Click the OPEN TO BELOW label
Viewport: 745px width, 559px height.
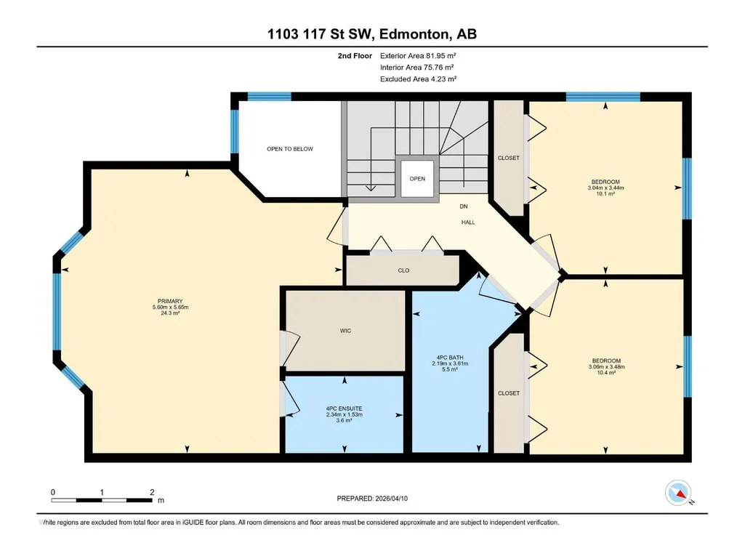[x=290, y=149]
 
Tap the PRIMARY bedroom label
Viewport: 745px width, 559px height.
[x=170, y=301]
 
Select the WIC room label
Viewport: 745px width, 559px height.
[x=345, y=331]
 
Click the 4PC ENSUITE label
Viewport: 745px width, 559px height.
[x=344, y=409]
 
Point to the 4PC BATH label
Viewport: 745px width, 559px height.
[x=450, y=358]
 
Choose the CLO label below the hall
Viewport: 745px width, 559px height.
[x=403, y=270]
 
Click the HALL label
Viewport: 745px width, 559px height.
[x=468, y=222]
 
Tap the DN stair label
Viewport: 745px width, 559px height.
[x=464, y=206]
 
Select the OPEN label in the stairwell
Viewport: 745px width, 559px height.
[x=417, y=179]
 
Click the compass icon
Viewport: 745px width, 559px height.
[x=678, y=493]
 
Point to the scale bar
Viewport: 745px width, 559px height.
[x=102, y=500]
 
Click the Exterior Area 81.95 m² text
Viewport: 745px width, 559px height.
[x=418, y=56]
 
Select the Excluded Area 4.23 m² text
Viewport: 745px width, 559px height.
[x=418, y=79]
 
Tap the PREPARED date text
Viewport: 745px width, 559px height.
[x=372, y=499]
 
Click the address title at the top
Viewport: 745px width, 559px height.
[x=372, y=34]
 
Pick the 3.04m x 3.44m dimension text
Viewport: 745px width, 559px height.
[x=605, y=188]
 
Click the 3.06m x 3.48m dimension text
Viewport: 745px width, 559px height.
[x=606, y=367]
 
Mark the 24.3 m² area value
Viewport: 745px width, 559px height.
[x=170, y=313]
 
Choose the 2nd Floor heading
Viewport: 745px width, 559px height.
[x=355, y=56]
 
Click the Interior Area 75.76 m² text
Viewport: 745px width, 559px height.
[x=416, y=68]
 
